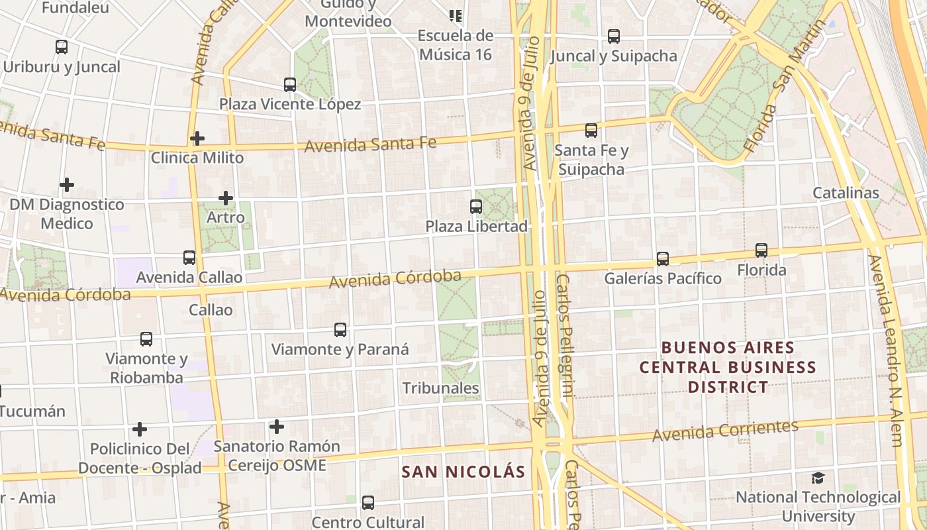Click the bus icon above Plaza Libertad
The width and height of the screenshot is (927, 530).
coord(476,206)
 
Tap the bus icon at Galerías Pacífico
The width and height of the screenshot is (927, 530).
coord(663,258)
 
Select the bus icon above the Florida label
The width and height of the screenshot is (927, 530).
coord(761,250)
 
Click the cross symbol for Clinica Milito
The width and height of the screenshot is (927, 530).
coord(197,138)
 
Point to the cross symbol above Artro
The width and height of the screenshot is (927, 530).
coord(226,197)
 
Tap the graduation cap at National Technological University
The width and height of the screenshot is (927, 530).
coord(818,478)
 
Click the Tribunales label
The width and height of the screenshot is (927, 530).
coord(440,388)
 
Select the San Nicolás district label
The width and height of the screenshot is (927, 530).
coord(463,472)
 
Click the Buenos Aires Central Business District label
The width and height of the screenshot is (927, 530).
coord(728,367)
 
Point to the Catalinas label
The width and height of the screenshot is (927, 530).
coord(846,193)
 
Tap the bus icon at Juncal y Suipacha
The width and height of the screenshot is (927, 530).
coord(614,36)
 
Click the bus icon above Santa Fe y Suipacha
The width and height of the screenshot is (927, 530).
coord(591,131)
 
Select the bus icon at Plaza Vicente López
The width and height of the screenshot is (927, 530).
coord(290,85)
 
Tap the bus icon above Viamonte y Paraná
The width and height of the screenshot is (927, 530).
coord(340,329)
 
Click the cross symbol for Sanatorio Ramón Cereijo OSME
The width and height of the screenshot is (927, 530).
coord(277,427)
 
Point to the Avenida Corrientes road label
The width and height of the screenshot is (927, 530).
coord(725,431)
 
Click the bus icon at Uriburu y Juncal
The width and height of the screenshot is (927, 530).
coord(62,47)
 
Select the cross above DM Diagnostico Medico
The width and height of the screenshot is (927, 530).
coord(66,184)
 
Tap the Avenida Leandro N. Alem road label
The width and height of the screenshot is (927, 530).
coord(887,351)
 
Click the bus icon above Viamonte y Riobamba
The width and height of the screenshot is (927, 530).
coord(146,339)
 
